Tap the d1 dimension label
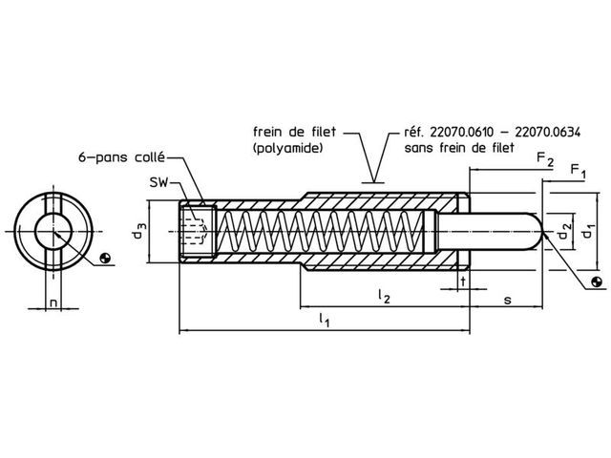(x=588, y=231)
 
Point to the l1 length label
(x=325, y=321)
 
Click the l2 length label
(x=384, y=296)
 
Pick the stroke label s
(x=507, y=300)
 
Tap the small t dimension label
(x=463, y=281)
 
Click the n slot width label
(x=53, y=302)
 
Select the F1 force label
(x=579, y=171)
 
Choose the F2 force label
(x=545, y=159)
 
